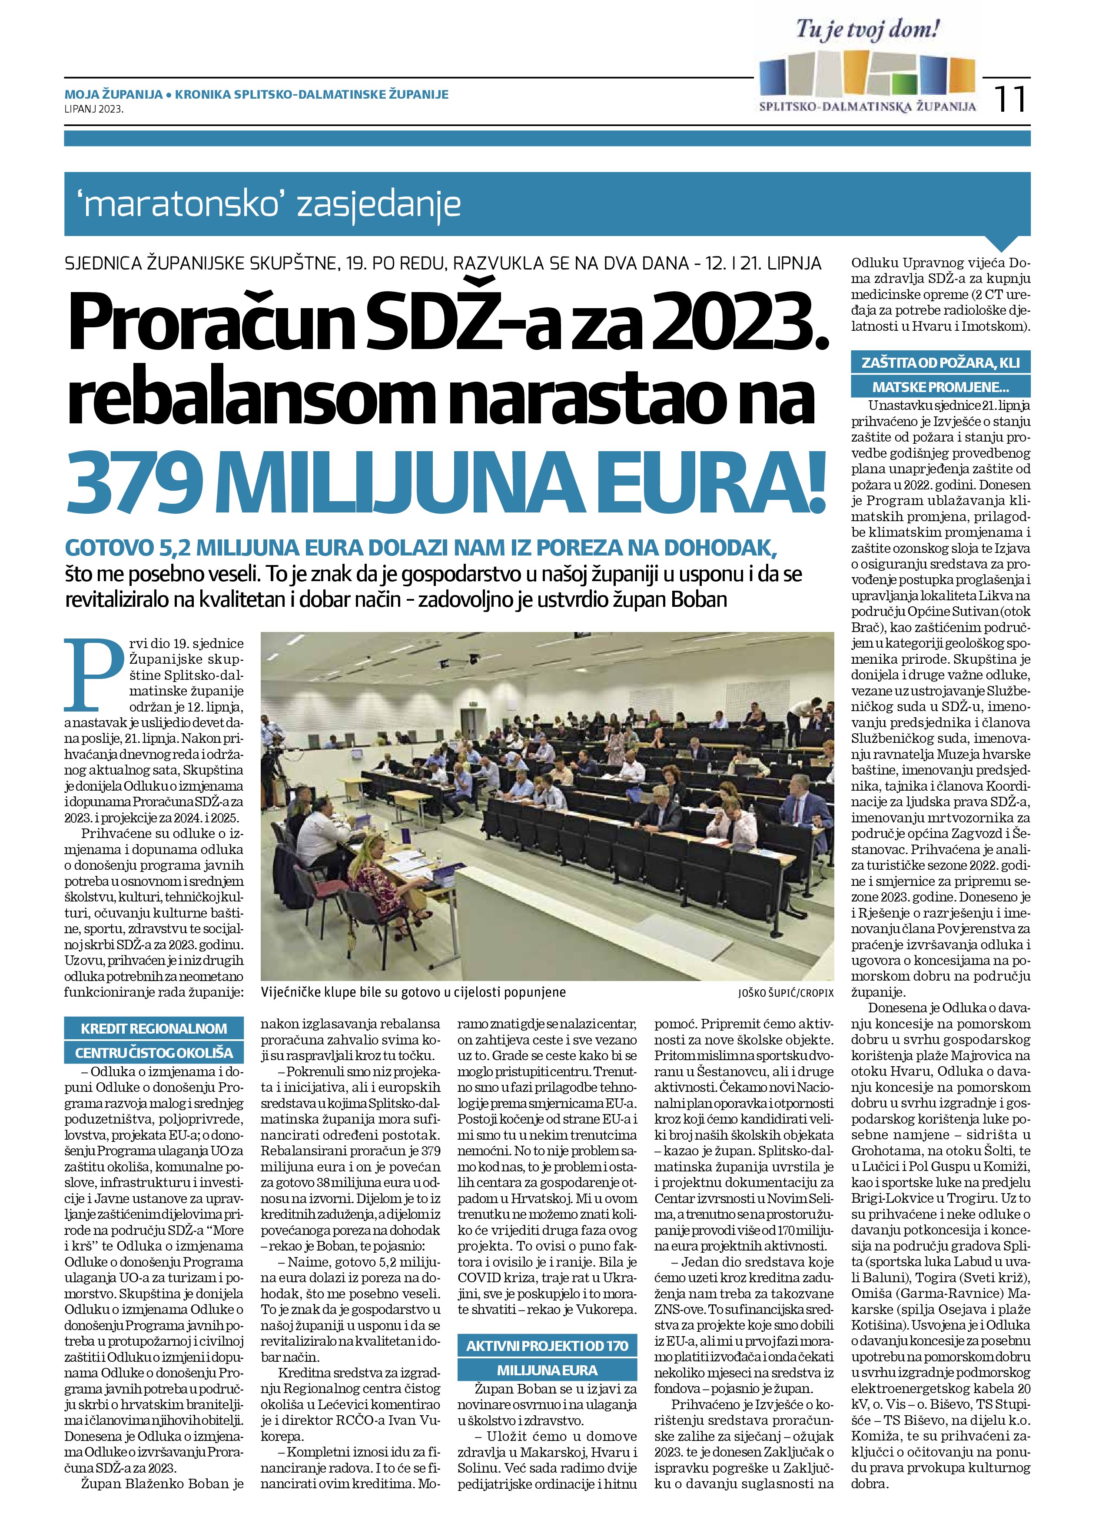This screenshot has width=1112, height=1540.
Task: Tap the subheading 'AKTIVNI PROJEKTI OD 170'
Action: pyautogui.click(x=547, y=1345)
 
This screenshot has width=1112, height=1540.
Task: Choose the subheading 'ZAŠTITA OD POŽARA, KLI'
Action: pyautogui.click(x=940, y=363)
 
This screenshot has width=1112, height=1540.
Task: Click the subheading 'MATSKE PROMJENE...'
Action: pyautogui.click(x=940, y=388)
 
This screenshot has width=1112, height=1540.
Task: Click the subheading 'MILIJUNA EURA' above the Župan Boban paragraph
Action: pyautogui.click(x=547, y=1370)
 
